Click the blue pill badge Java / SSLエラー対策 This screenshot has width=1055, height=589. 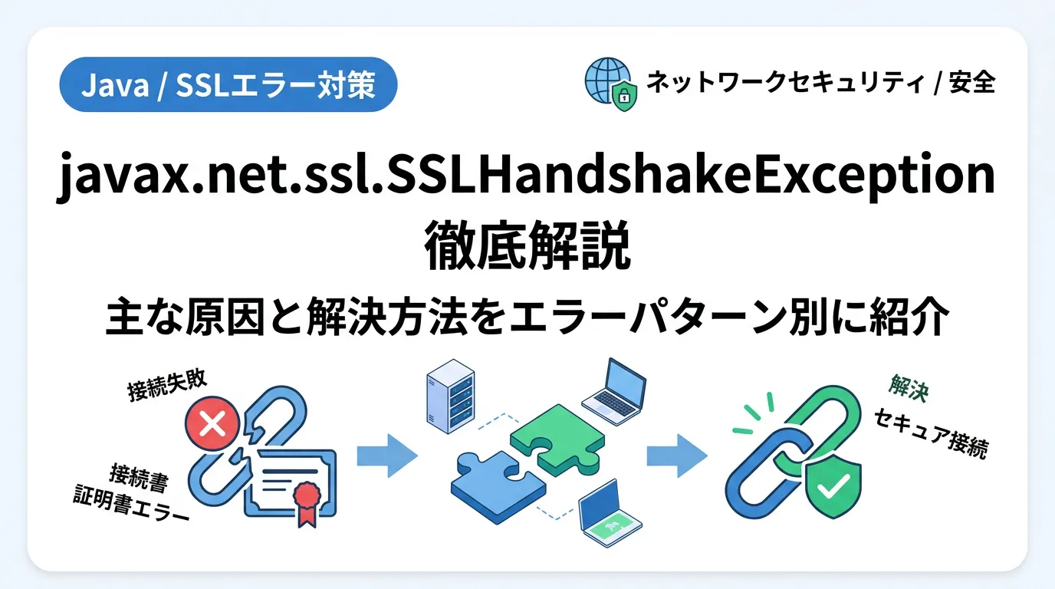228,85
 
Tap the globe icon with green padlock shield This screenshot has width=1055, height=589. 611,84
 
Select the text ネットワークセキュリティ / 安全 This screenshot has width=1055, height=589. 820,83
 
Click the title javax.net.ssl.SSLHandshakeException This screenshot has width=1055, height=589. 526,176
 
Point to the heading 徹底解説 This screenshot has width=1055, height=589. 527,245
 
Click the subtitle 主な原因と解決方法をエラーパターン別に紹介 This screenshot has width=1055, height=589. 527,316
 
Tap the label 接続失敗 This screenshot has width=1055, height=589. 167,385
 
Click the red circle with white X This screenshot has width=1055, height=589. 212,423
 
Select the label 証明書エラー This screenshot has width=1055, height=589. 131,504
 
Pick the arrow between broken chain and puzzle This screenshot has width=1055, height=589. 387,456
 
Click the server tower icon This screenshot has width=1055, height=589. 450,397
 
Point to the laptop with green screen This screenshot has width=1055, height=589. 610,514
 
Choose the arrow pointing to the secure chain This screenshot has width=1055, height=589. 677,456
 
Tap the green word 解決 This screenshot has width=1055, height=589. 909,388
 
